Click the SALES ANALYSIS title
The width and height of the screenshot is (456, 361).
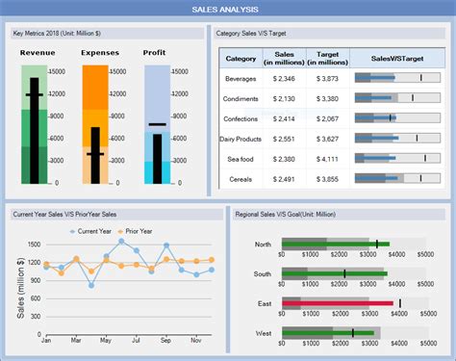pyautogui.click(x=228, y=9)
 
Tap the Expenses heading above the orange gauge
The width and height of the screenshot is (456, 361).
pyautogui.click(x=100, y=53)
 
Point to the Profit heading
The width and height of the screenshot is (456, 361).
pyautogui.click(x=154, y=53)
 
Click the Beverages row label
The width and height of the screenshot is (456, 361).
pyautogui.click(x=240, y=78)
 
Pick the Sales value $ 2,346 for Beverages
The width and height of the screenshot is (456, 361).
pyautogui.click(x=284, y=78)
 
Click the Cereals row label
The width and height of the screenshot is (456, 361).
pyautogui.click(x=240, y=179)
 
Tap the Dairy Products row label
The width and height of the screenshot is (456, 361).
pyautogui.click(x=240, y=139)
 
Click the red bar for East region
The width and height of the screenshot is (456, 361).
pyautogui.click(x=337, y=303)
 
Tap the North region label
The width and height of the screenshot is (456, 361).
pyautogui.click(x=262, y=244)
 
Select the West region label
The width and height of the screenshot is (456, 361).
pyautogui.click(x=262, y=332)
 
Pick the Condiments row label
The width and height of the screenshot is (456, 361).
pyautogui.click(x=240, y=98)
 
